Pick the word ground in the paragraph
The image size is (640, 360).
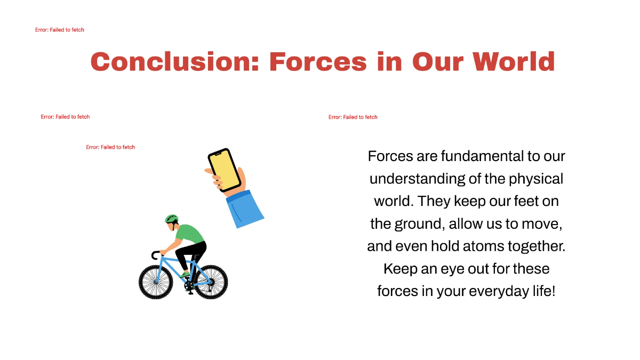418,224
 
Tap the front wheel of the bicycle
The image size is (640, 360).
156,282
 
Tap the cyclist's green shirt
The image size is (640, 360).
190,234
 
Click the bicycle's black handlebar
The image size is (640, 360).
155,255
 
